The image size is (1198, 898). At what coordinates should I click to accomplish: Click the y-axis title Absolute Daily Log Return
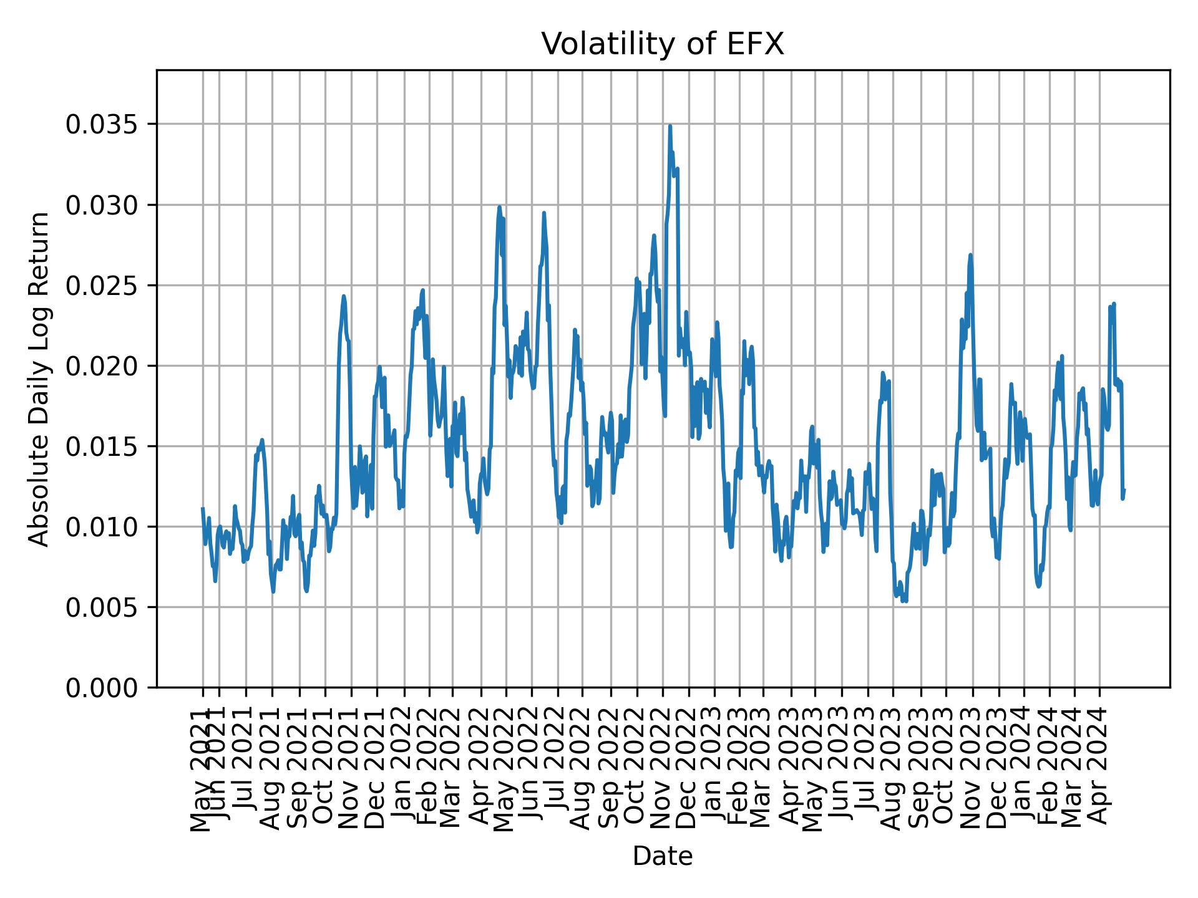[40, 379]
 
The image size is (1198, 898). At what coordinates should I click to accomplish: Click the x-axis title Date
[662, 856]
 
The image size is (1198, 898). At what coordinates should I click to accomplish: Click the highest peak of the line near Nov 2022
[670, 126]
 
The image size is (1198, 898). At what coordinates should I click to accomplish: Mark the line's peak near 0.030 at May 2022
[499, 207]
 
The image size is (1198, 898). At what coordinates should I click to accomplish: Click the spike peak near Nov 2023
[970, 254]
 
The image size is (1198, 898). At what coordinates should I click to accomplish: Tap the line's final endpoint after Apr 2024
[1124, 490]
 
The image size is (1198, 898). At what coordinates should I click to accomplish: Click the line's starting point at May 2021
[203, 508]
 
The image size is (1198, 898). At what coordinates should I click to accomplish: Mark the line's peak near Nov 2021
[343, 296]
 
